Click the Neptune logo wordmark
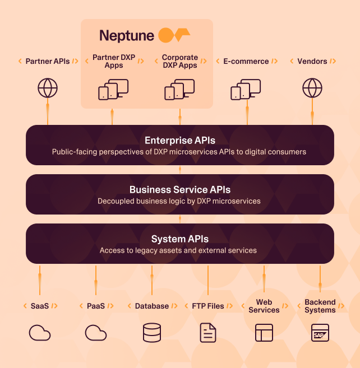[x=127, y=35]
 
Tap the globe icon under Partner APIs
[x=48, y=88]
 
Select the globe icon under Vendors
[x=312, y=88]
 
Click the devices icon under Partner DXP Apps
[x=113, y=90]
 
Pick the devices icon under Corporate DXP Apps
[x=179, y=90]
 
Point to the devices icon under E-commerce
[x=246, y=90]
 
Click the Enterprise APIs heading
[x=179, y=141]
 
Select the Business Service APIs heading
[x=179, y=190]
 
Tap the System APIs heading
[x=179, y=239]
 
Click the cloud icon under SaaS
[x=40, y=333]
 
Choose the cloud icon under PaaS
[x=96, y=333]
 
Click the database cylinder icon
[x=152, y=333]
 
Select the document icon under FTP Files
[x=208, y=333]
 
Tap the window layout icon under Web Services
[x=264, y=333]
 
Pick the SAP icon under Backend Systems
[x=320, y=333]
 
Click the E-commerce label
[x=246, y=61]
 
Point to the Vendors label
[x=312, y=61]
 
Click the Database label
[x=152, y=306]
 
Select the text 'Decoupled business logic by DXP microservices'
[x=179, y=201]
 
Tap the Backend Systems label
[x=320, y=306]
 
